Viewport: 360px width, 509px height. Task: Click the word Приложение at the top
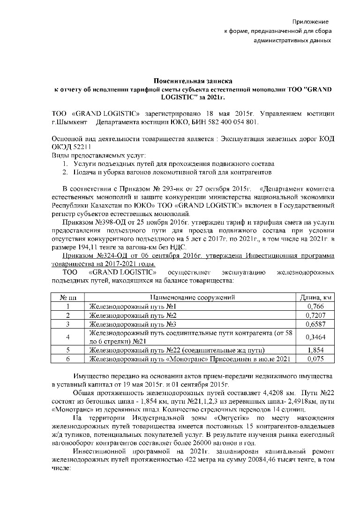pyautogui.click(x=310, y=22)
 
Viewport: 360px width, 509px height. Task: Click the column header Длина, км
pyautogui.click(x=315, y=297)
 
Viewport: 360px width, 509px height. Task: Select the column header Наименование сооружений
pyautogui.click(x=192, y=297)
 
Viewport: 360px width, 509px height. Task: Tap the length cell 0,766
pyautogui.click(x=315, y=306)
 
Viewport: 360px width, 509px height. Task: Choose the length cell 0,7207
pyautogui.click(x=315, y=315)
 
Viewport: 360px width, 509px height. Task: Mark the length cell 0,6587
pyautogui.click(x=315, y=324)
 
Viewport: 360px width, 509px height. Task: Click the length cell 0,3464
pyautogui.click(x=315, y=337)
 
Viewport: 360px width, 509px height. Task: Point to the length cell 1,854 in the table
pyautogui.click(x=315, y=350)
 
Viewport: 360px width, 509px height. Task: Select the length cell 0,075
pyautogui.click(x=315, y=359)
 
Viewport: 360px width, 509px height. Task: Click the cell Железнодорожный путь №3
pyautogui.click(x=133, y=324)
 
